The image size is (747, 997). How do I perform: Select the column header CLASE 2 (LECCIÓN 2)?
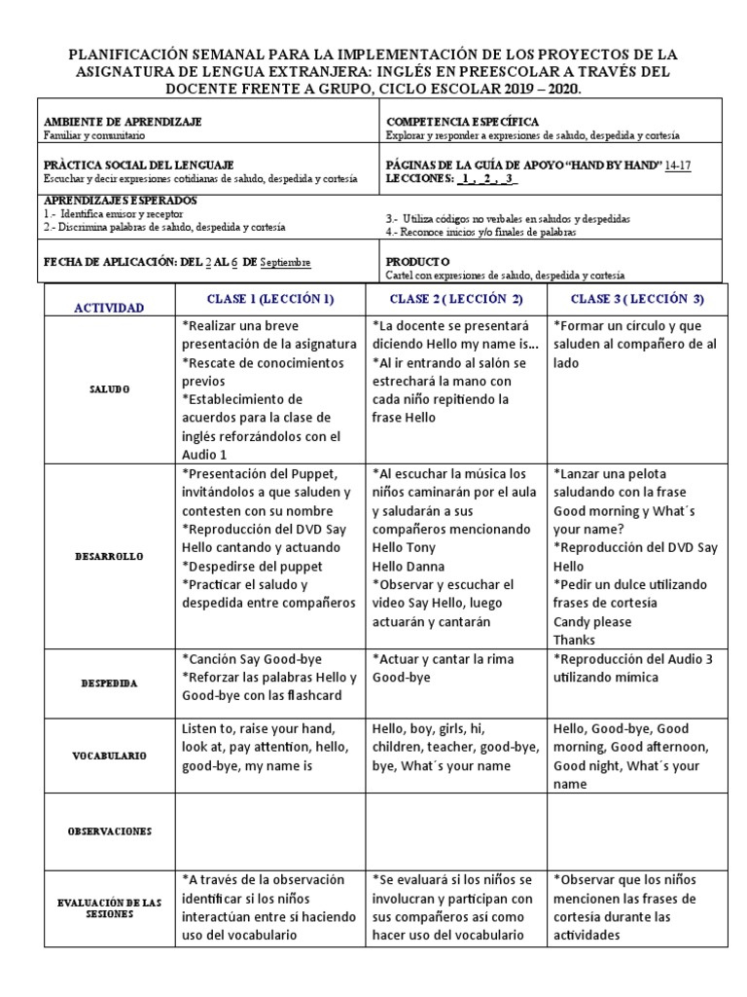coord(456,298)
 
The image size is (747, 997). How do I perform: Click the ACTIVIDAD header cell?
coord(110,308)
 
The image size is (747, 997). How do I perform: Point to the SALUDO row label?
coord(109,388)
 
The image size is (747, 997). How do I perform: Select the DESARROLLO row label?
coord(109,557)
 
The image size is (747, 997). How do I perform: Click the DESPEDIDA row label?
coord(109,683)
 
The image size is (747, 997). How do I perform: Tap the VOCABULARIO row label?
coord(109,755)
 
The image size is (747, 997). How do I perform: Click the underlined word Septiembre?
coord(286,263)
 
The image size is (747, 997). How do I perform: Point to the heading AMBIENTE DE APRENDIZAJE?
coord(122,122)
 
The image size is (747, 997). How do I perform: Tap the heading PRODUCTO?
coord(417,262)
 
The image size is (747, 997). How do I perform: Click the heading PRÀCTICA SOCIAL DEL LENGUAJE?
coord(138,166)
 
